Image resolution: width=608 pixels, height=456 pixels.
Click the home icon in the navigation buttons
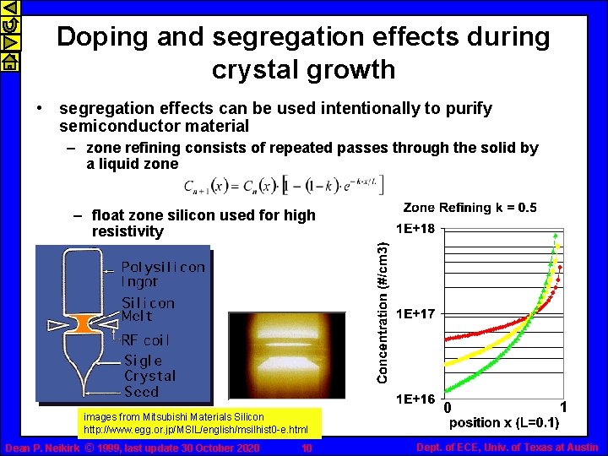point(8,61)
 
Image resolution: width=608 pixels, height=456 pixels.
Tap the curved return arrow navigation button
point(8,25)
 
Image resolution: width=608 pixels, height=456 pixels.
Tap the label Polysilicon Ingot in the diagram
point(162,274)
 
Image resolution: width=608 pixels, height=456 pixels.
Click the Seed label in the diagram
point(141,391)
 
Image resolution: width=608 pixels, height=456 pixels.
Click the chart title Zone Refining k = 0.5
point(470,208)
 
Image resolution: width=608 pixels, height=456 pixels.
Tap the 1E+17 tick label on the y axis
point(417,313)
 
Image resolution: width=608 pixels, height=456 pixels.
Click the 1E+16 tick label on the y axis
point(417,399)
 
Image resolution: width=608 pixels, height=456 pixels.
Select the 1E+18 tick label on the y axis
point(417,228)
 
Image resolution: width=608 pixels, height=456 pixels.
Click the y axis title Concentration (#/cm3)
point(383,312)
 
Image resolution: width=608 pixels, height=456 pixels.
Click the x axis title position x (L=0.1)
point(503,422)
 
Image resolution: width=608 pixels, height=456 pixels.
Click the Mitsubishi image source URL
point(195,430)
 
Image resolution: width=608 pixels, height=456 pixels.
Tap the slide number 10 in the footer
point(307,448)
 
